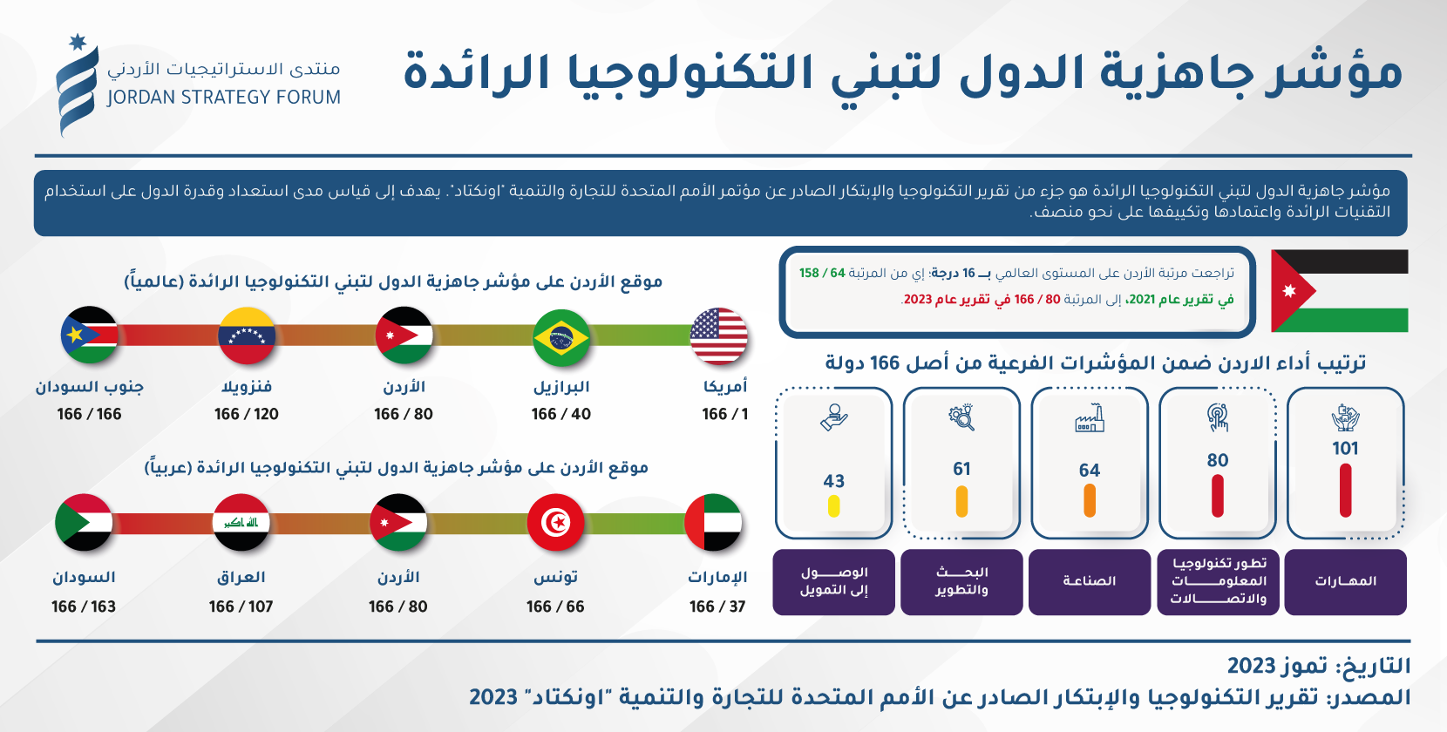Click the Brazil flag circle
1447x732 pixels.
pyautogui.click(x=561, y=337)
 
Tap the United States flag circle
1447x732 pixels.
pyautogui.click(x=718, y=336)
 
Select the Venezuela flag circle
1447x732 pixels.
pyautogui.click(x=247, y=336)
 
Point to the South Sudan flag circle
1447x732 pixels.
pyautogui.click(x=89, y=335)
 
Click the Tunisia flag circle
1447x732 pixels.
pyautogui.click(x=555, y=522)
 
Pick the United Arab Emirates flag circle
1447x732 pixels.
pyautogui.click(x=713, y=522)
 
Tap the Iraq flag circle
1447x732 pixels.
pyautogui.click(x=241, y=522)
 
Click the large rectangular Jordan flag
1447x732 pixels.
pyautogui.click(x=1339, y=291)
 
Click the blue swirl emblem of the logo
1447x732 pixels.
pyautogui.click(x=77, y=86)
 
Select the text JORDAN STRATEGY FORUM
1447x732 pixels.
pyautogui.click(x=223, y=98)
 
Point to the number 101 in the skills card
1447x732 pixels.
pyautogui.click(x=1345, y=449)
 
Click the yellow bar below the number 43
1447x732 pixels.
pyautogui.click(x=833, y=506)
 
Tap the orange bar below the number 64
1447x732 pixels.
pyautogui.click(x=1089, y=501)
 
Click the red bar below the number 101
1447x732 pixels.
pyautogui.click(x=1345, y=491)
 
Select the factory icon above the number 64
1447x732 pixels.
pyautogui.click(x=1089, y=418)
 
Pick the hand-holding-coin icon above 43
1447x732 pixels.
pyautogui.click(x=833, y=417)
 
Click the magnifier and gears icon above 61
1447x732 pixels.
pyautogui.click(x=961, y=417)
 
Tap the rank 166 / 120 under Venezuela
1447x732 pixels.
pyautogui.click(x=247, y=414)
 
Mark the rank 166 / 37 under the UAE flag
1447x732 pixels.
pyautogui.click(x=717, y=607)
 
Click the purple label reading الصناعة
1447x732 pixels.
pyautogui.click(x=1089, y=581)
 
